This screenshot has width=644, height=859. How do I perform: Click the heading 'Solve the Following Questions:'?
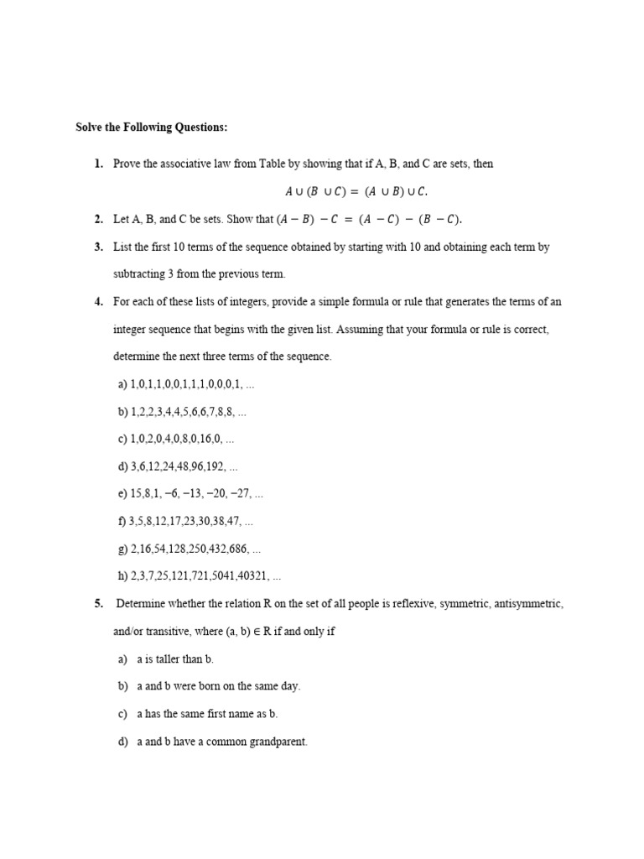coord(151,128)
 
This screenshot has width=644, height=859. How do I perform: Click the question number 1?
coord(98,164)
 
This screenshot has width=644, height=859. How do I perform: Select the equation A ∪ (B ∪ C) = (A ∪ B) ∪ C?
coord(361,190)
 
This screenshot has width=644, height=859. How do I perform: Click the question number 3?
coord(98,247)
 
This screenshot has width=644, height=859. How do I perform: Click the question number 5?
coord(98,604)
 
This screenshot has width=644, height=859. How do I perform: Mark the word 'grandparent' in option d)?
coord(278,742)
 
